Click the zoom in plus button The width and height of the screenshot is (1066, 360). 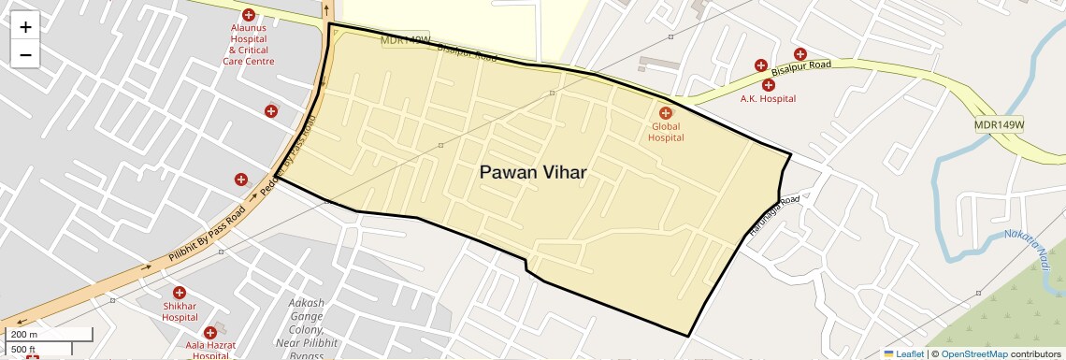(x=25, y=27)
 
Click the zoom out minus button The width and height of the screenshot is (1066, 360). (x=25, y=54)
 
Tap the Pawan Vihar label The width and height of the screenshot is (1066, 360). (x=533, y=172)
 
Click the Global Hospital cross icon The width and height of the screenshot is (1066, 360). (x=666, y=113)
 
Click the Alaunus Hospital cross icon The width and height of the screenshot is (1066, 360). (x=249, y=15)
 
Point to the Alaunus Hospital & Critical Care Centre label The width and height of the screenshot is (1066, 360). (x=249, y=44)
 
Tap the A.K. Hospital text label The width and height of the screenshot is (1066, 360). (x=768, y=98)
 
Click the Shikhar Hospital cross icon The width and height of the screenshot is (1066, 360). (x=180, y=293)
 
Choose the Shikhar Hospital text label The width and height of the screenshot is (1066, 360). (x=180, y=312)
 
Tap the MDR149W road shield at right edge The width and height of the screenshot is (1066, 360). (x=999, y=124)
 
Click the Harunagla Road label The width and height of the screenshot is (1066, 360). (x=773, y=214)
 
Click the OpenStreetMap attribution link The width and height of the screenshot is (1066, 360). (x=973, y=354)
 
